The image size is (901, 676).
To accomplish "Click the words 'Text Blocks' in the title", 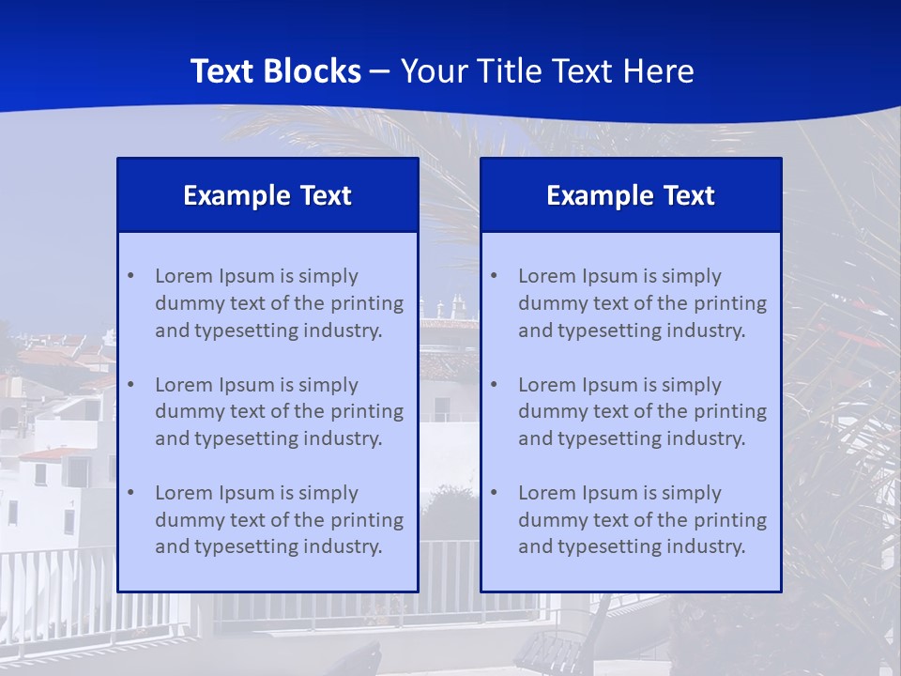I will click(x=276, y=71).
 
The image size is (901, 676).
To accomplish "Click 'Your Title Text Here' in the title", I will click(x=547, y=71).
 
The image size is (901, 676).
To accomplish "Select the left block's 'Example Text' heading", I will click(x=267, y=195).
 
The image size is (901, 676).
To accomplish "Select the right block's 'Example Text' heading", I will click(x=631, y=195).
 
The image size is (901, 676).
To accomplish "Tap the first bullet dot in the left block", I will click(x=130, y=276).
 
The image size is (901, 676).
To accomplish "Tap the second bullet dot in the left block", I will click(x=130, y=385).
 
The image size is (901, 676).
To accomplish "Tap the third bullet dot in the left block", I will click(x=130, y=493).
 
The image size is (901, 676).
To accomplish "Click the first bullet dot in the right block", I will click(x=494, y=276).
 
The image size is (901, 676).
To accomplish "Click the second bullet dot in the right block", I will click(x=494, y=385).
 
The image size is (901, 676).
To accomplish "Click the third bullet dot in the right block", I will click(x=494, y=493).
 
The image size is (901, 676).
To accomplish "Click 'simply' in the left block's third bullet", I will click(x=327, y=493).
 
